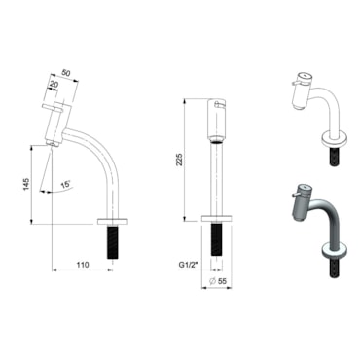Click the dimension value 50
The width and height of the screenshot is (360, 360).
point(65,73)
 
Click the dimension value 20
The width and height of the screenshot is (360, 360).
point(54,85)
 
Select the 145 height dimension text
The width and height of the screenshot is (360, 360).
point(26,184)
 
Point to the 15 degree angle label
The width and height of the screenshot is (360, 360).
point(65,185)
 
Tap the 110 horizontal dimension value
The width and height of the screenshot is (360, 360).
point(83,265)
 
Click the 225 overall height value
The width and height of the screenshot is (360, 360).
point(179,160)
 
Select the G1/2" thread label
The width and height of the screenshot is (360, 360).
point(189,265)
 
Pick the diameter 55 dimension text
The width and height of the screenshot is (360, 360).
point(218,281)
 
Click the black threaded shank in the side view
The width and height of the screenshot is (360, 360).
point(112,242)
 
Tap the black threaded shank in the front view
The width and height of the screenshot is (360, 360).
point(217,239)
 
